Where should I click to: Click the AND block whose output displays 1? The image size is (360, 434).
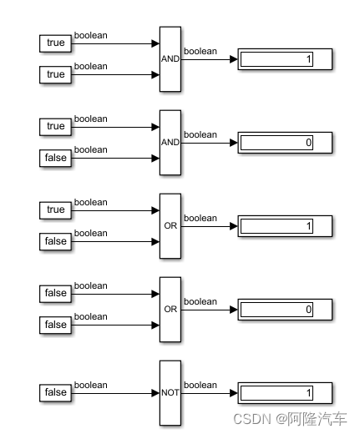pyautogui.click(x=170, y=58)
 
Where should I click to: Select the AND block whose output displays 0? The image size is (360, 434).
pyautogui.click(x=170, y=142)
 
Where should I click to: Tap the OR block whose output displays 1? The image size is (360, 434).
pyautogui.click(x=170, y=225)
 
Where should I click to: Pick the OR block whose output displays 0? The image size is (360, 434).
pyautogui.click(x=170, y=309)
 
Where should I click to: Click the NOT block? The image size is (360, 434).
pyautogui.click(x=170, y=392)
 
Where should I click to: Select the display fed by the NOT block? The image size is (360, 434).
pyautogui.click(x=285, y=392)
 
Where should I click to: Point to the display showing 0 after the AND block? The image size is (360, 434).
pyautogui.click(x=285, y=143)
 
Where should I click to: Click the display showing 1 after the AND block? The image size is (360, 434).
pyautogui.click(x=285, y=59)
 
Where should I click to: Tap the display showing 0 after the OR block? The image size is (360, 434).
pyautogui.click(x=285, y=310)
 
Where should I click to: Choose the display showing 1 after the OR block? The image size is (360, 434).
pyautogui.click(x=285, y=226)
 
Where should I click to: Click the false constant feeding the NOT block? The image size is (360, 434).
pyautogui.click(x=56, y=392)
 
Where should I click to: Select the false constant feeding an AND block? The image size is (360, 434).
pyautogui.click(x=56, y=158)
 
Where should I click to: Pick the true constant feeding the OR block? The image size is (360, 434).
pyautogui.click(x=56, y=209)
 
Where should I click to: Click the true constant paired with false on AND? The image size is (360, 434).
pyautogui.click(x=56, y=127)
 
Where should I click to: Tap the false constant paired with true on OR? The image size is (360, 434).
pyautogui.click(x=56, y=241)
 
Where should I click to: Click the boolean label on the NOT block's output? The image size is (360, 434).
pyautogui.click(x=200, y=385)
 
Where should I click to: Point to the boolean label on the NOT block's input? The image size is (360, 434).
pyautogui.click(x=91, y=385)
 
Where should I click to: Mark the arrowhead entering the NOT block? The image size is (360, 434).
pyautogui.click(x=155, y=392)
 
